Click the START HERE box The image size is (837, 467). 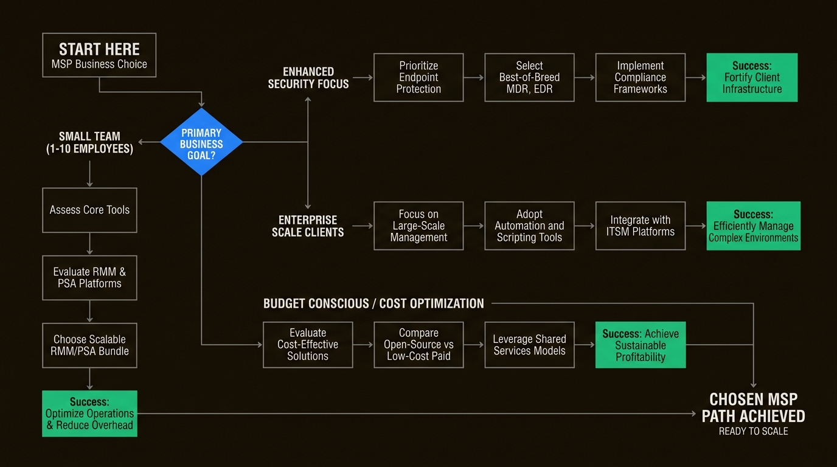99,55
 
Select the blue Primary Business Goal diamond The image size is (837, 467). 201,142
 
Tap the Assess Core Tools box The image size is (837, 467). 89,210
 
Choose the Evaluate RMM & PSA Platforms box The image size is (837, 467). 89,277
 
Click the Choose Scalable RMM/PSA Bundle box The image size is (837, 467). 89,345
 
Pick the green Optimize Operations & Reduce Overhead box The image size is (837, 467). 89,413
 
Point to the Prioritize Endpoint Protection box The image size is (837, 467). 418,77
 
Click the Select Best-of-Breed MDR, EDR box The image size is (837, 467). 529,77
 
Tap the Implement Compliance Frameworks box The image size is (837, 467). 640,77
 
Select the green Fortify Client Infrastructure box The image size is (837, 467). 752,77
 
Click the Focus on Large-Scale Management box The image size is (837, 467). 418,226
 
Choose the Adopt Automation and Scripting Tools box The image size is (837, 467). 529,226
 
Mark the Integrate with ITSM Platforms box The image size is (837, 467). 640,226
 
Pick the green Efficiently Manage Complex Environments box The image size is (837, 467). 753,226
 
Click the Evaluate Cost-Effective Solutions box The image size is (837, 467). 307,345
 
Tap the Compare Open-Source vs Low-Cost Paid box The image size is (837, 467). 418,345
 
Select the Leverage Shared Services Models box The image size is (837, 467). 529,345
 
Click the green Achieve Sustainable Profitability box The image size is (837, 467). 640,345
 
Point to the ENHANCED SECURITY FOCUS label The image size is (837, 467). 308,78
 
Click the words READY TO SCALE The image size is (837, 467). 753,431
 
